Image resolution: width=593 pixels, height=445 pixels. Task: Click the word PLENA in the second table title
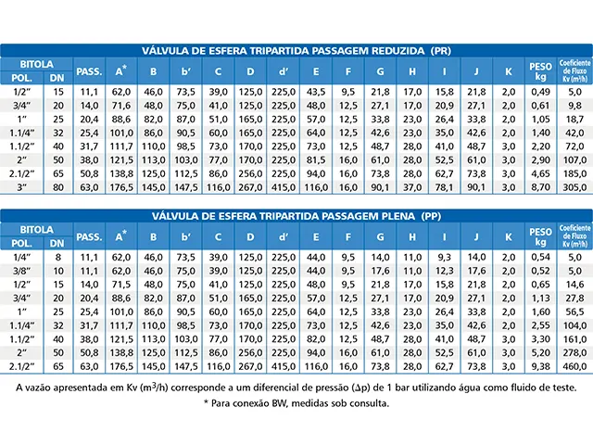(x=397, y=216)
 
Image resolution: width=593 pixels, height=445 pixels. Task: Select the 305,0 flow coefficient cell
(x=574, y=187)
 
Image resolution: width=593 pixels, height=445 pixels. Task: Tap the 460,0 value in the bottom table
(x=574, y=366)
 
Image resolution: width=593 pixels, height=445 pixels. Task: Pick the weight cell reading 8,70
(x=540, y=187)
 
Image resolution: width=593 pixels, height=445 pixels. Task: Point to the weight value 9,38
(x=540, y=366)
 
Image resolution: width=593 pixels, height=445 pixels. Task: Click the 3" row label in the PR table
(x=21, y=187)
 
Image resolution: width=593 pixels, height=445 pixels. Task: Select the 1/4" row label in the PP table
(x=21, y=258)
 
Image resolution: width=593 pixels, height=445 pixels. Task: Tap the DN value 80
(x=58, y=187)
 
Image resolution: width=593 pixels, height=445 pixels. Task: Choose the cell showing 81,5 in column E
(x=316, y=160)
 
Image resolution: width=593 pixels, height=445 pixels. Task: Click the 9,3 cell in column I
(x=445, y=258)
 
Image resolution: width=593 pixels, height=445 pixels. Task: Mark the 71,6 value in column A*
(x=121, y=106)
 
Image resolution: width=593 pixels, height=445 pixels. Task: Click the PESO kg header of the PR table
(x=540, y=71)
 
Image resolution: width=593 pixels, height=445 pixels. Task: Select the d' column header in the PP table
(x=284, y=237)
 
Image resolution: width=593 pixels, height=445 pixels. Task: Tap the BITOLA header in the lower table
(x=37, y=229)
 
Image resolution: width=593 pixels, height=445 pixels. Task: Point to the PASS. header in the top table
(x=89, y=71)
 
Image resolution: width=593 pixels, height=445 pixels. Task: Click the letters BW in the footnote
(x=278, y=403)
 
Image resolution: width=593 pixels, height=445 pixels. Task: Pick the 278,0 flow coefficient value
(x=574, y=352)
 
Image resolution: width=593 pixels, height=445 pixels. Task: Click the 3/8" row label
(x=21, y=271)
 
